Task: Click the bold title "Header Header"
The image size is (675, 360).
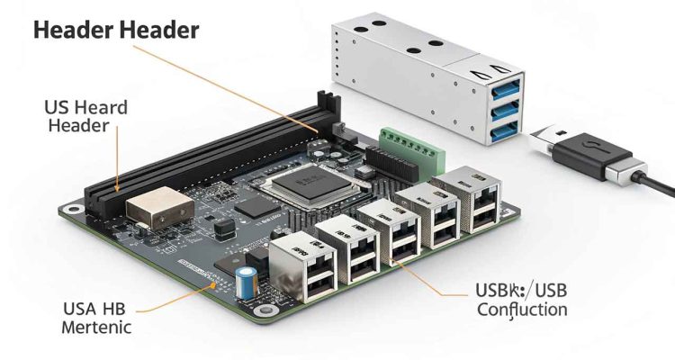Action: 114,30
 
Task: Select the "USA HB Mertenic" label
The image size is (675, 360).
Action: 96,317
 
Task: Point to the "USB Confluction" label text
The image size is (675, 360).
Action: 508,300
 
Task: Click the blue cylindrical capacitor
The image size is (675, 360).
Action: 243,281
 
